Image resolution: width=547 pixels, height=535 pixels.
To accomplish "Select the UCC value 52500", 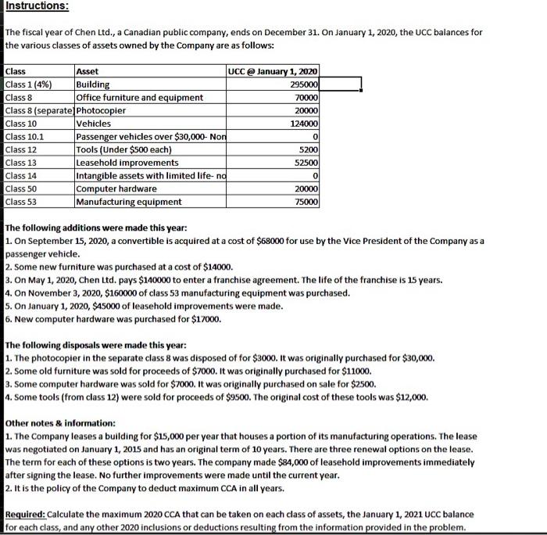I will pos(306,163).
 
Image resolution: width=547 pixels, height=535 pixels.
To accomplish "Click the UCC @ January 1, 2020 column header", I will pos(272,71).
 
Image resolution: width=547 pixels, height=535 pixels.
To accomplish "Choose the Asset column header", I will pos(88,71).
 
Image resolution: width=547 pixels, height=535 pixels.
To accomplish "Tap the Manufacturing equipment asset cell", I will pos(128,202).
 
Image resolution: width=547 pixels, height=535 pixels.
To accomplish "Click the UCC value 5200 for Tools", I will pos(308,149).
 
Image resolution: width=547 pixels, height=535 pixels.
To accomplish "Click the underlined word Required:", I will pos(26,514).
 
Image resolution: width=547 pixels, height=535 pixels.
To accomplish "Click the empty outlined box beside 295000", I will pos(340,84).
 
